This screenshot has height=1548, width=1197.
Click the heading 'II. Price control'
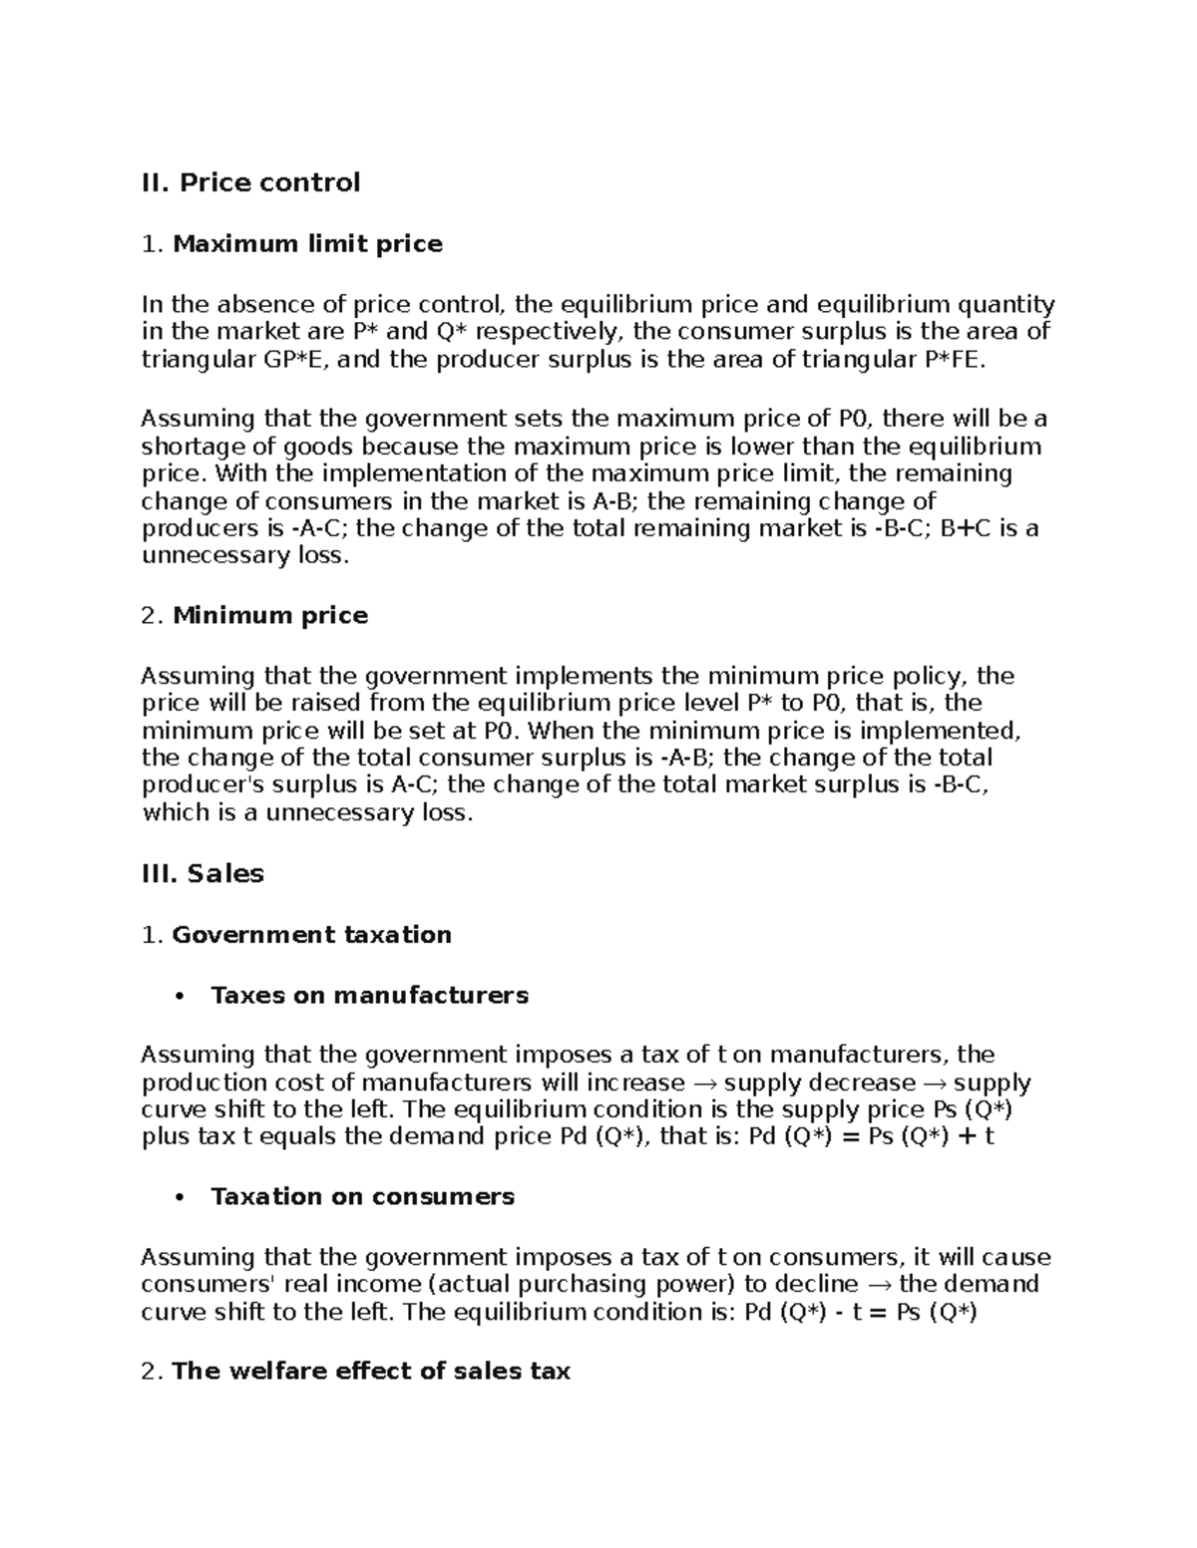[250, 182]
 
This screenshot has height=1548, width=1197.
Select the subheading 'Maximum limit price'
[307, 244]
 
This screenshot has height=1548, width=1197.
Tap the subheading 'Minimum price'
[270, 616]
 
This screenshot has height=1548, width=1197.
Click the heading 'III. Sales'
[202, 874]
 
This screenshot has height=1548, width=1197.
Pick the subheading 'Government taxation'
[311, 935]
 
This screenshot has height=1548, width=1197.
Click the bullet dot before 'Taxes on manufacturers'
[178, 996]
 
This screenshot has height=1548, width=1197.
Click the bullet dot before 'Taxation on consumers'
[178, 1197]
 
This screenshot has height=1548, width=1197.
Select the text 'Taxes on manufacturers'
[369, 996]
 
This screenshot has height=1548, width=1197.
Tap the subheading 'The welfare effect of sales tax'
[370, 1372]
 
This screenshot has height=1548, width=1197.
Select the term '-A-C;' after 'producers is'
[319, 528]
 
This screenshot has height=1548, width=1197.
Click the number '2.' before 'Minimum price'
[152, 616]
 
